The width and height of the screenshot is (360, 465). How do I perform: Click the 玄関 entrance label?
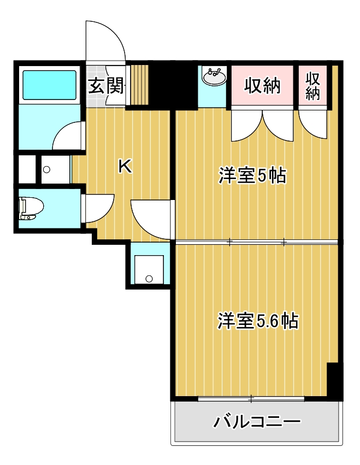tap(107, 86)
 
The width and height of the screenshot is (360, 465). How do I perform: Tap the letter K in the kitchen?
tap(125, 167)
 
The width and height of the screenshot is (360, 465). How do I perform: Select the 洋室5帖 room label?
tap(252, 176)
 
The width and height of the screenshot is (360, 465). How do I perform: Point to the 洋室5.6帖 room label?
tap(258, 321)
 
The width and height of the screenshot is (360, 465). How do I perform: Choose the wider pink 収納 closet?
tap(262, 86)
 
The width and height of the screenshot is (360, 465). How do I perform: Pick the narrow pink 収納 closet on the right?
tap(312, 86)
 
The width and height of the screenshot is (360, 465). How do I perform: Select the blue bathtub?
tap(49, 84)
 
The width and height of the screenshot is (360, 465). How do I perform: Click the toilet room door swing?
tap(97, 208)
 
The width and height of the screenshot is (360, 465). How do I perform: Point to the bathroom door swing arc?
tap(69, 135)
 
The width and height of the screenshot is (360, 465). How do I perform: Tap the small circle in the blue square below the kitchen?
tap(149, 279)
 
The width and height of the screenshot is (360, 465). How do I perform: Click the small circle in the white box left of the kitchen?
tap(46, 169)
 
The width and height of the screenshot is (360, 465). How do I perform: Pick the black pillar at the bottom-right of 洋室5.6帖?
tap(334, 380)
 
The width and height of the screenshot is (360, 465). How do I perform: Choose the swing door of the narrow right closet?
tap(312, 123)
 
